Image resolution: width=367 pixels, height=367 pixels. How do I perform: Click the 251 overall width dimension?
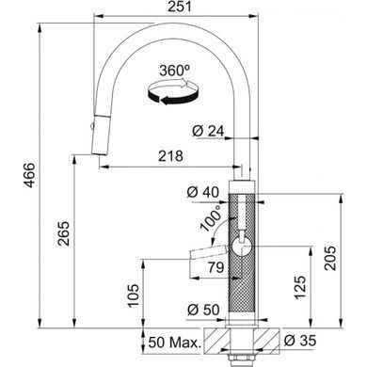179,7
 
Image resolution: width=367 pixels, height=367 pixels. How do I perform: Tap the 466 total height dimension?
30,175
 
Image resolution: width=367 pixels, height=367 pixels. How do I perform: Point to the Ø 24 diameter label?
208,131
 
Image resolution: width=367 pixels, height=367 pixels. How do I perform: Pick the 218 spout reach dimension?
170,156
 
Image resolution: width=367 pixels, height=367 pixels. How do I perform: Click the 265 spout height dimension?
64,233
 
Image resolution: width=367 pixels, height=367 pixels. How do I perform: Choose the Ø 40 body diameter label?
203,192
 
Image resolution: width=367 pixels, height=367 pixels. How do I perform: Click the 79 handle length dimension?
215,267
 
